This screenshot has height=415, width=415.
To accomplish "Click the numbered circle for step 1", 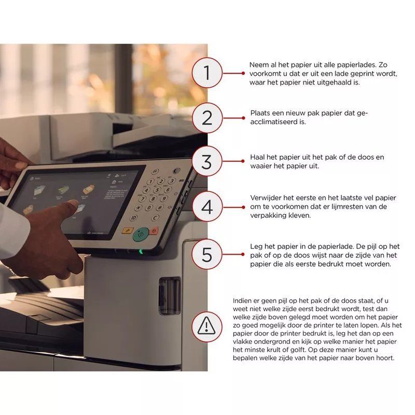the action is (206, 73).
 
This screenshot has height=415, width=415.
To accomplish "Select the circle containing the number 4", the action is (206, 206).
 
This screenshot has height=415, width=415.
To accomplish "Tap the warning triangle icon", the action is (206, 326).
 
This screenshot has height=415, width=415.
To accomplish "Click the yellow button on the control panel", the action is (127, 230).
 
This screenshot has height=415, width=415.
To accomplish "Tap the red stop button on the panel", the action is (154, 231).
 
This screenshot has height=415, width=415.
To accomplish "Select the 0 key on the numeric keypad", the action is (149, 208).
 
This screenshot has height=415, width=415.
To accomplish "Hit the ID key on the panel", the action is (133, 218).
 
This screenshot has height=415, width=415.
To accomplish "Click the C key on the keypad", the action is (155, 218).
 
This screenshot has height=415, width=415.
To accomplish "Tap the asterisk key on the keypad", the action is (138, 208).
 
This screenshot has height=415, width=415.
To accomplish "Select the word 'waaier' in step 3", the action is (259, 166).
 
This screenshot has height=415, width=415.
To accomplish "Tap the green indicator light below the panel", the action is (141, 251).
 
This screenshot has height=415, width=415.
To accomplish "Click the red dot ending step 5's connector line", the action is (243, 254).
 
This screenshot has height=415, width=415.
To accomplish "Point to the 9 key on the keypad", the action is (164, 198).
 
